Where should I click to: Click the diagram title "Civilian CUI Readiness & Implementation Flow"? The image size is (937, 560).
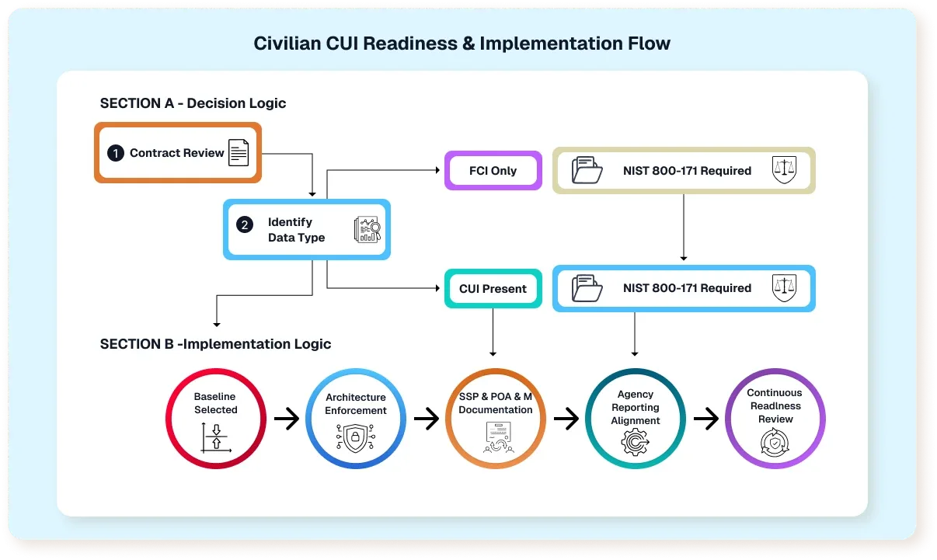462,43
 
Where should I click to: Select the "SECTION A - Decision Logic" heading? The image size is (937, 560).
193,103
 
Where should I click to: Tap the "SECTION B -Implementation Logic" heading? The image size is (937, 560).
215,344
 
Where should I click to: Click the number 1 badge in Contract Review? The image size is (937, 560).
116,153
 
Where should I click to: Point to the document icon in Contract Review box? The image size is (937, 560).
239,153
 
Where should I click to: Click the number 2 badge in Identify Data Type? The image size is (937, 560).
245,225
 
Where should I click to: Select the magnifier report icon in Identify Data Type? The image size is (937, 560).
366,229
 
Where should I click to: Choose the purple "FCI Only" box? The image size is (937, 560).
493,171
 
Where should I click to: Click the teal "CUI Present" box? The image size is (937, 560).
493,288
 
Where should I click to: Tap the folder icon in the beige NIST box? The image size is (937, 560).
587,170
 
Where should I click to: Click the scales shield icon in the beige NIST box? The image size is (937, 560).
784,170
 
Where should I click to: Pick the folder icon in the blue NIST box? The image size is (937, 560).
587,288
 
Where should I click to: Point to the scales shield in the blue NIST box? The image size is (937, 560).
784,288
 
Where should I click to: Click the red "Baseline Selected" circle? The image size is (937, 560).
216,419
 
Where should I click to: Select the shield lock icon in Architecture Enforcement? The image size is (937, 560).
355,439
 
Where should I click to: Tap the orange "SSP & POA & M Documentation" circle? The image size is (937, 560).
495,419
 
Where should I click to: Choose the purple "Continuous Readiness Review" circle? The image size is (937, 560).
775,419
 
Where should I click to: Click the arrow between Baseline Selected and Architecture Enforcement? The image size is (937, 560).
287,419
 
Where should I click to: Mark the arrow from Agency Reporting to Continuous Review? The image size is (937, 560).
705,419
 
